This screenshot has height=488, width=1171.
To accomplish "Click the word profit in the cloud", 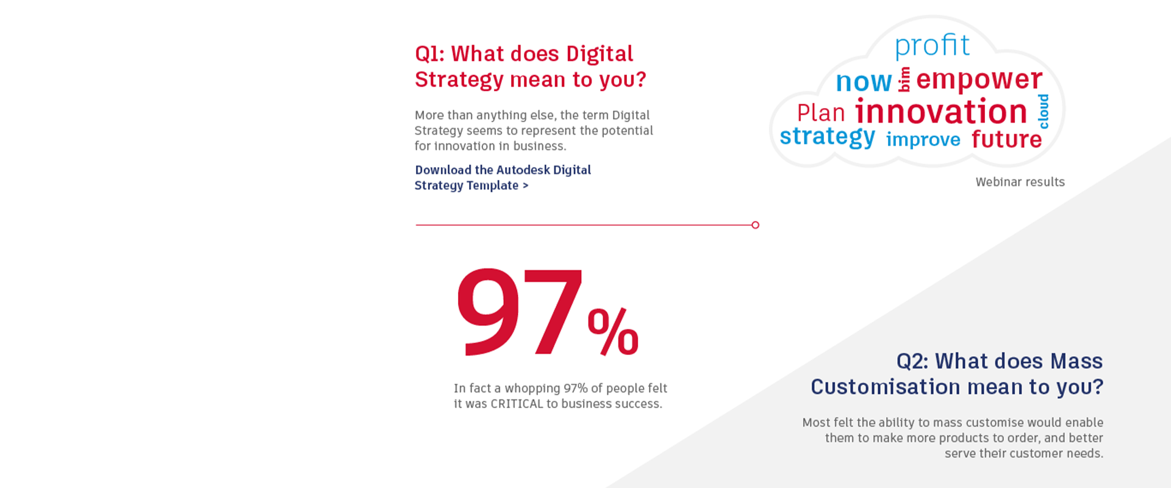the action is (x=932, y=46).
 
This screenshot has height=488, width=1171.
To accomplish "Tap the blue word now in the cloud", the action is (x=864, y=82).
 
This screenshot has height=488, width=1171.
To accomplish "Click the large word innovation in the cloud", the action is (x=941, y=112).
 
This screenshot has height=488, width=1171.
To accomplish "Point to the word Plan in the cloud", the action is (x=821, y=113).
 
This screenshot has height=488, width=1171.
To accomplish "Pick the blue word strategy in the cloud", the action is (x=828, y=137).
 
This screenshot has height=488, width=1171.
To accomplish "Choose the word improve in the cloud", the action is (x=923, y=140).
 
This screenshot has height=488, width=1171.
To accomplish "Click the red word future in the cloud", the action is (x=1007, y=138).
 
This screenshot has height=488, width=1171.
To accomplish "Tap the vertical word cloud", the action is (x=1044, y=111).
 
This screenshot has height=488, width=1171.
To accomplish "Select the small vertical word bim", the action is (x=904, y=79).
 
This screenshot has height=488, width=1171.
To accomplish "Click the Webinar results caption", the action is (x=1020, y=182).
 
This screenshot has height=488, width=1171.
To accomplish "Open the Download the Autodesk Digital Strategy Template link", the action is (x=503, y=178).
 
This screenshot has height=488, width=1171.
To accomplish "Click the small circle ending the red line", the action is (x=756, y=225).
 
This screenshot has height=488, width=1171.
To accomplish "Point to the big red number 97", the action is (x=519, y=312).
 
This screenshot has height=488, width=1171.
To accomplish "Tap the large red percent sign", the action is (x=613, y=332).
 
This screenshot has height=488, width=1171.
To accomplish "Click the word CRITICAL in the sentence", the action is (x=517, y=404).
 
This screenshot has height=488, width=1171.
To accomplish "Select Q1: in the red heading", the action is (x=430, y=54).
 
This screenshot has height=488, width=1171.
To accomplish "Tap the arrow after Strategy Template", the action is (x=526, y=185).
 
